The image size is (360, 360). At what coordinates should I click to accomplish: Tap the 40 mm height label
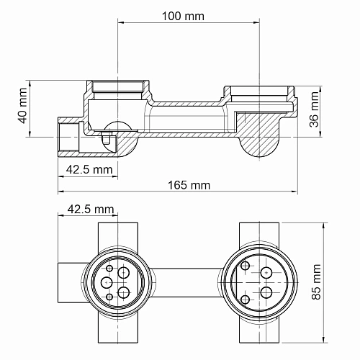[22, 105]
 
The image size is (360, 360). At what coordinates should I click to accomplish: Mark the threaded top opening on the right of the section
[260, 93]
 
